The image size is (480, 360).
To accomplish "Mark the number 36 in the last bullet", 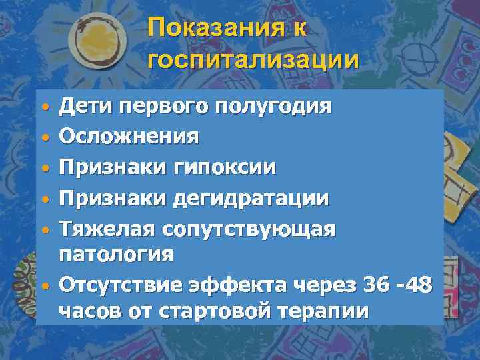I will [373, 285].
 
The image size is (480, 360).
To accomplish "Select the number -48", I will [414, 285].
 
